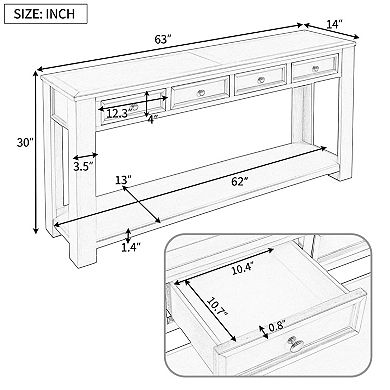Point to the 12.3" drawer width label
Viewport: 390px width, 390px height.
point(117,113)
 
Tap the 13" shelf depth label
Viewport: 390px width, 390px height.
point(125,180)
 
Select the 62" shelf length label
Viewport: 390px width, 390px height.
point(212,182)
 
